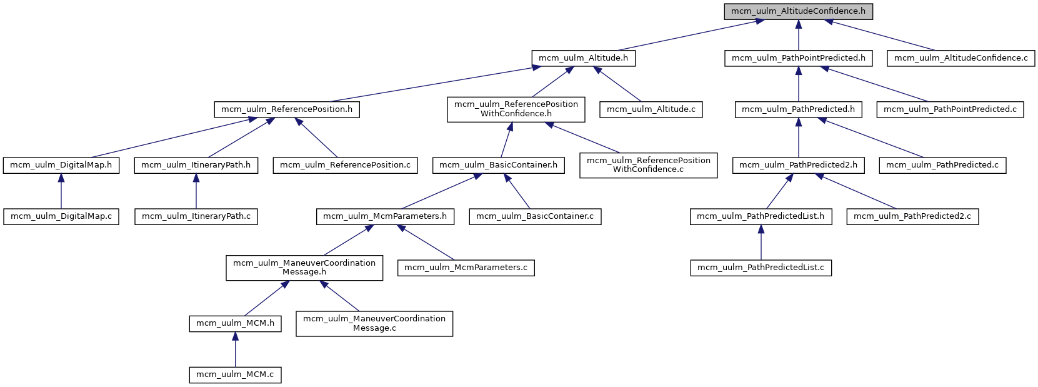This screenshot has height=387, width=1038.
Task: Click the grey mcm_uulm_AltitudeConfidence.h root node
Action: (x=798, y=11)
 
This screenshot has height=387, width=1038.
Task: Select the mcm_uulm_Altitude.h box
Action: (x=583, y=58)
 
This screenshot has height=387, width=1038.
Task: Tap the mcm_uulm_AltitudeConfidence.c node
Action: (x=961, y=58)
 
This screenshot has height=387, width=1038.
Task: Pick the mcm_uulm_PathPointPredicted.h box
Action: (x=798, y=58)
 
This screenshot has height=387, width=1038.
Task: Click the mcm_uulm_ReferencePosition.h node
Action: (x=286, y=109)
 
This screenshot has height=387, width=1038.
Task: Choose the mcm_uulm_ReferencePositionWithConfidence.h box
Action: (x=516, y=109)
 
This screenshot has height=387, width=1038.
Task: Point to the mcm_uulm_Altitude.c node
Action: (x=651, y=109)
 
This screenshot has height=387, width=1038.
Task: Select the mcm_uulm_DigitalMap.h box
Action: (x=61, y=165)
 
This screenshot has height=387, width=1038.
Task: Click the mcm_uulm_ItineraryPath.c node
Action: (x=196, y=216)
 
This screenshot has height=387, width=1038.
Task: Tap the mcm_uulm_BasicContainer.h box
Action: (x=498, y=165)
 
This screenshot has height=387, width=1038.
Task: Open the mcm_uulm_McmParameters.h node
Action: (x=384, y=216)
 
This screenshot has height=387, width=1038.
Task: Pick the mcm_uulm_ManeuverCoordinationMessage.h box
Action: (x=304, y=268)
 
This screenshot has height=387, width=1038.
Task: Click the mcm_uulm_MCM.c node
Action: (x=235, y=374)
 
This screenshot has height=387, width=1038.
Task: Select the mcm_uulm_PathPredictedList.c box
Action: (x=761, y=268)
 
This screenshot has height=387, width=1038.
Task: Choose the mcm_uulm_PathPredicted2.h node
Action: (x=798, y=165)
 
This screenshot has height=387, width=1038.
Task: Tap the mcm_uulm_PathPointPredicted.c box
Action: (x=950, y=109)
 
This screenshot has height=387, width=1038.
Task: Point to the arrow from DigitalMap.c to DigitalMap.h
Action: (x=61, y=191)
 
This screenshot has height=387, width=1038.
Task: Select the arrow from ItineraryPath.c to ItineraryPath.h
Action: (x=196, y=191)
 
